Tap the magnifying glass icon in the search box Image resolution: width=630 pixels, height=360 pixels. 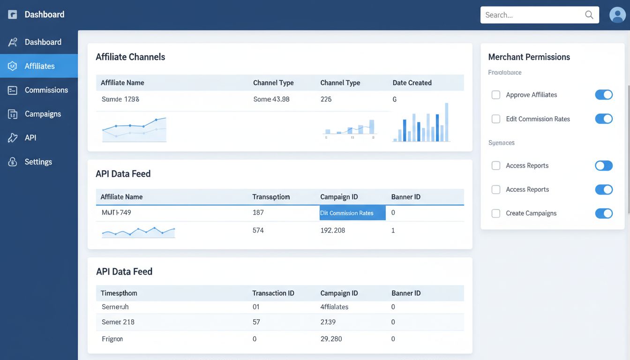click(589, 15)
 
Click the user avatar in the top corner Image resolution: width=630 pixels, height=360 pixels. click(617, 15)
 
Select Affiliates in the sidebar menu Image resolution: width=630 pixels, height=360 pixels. click(39, 66)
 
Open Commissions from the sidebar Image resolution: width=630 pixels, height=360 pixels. click(46, 90)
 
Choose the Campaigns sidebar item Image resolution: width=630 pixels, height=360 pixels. click(43, 114)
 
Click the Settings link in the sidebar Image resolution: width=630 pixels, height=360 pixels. click(38, 162)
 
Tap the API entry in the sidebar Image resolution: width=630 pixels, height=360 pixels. click(30, 138)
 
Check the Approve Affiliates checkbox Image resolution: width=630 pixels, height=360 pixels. click(495, 95)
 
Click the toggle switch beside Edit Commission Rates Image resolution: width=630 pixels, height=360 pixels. click(604, 119)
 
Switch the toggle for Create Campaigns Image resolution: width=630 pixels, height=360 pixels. click(604, 213)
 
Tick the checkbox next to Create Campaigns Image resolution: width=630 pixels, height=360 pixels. click(495, 213)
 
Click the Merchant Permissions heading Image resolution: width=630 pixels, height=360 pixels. click(529, 57)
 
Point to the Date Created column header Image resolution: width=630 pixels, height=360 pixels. click(412, 82)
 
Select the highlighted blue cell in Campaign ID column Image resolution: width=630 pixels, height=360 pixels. click(352, 213)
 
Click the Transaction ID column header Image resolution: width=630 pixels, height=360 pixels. click(273, 293)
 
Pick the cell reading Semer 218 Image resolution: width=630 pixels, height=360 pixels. click(118, 322)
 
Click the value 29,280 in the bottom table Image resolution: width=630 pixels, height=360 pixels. click(331, 338)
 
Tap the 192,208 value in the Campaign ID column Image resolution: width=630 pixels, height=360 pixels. click(332, 230)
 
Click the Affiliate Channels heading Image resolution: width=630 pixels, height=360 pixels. click(130, 57)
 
